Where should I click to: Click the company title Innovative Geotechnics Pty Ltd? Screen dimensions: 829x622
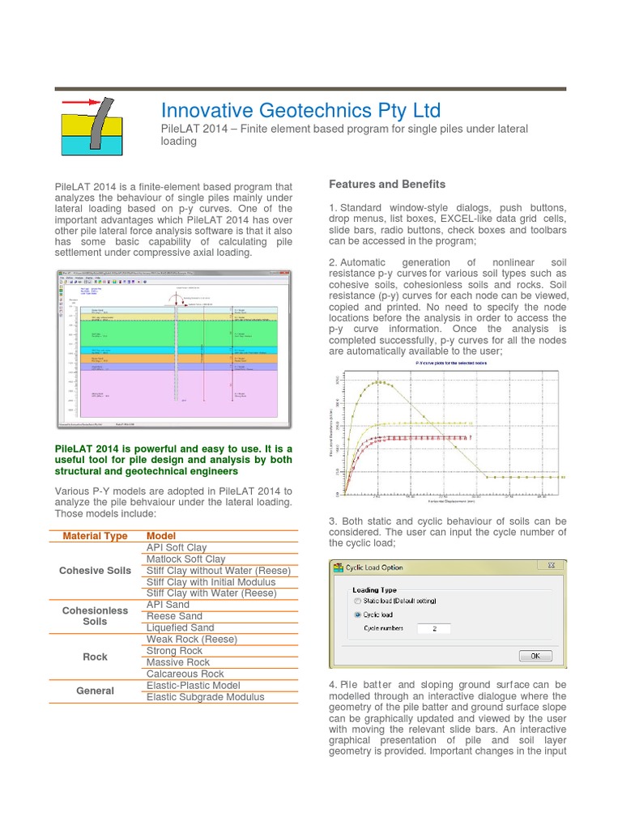coord(300,110)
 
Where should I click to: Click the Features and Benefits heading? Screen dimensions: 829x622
coord(387,185)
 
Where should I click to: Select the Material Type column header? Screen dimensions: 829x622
coord(95,536)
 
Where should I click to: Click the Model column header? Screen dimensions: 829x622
coord(161,536)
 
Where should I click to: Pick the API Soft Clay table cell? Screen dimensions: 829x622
coord(177,547)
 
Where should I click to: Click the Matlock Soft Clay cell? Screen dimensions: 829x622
coord(185,559)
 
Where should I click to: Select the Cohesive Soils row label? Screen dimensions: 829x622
coord(95,571)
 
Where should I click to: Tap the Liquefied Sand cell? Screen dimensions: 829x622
coord(180,627)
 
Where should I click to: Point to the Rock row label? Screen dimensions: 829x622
coord(95,657)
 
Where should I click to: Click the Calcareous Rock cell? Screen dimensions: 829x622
coord(185,674)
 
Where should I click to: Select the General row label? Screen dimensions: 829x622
coord(95,691)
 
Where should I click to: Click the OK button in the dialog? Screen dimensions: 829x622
coord(535,656)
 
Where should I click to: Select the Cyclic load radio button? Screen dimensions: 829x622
coord(358,614)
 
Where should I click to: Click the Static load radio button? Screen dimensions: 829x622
coord(358,602)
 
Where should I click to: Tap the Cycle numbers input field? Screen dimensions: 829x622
coord(433,628)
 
